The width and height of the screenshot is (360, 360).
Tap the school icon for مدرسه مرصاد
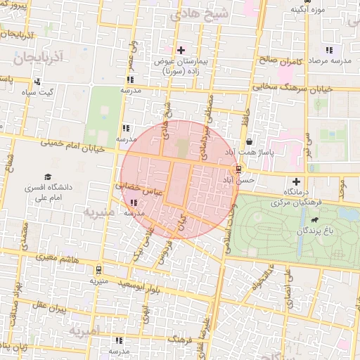328,50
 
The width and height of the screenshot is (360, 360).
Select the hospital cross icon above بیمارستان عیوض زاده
181,50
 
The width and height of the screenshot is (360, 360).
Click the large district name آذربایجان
38,54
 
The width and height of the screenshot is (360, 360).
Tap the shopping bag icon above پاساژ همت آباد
250,141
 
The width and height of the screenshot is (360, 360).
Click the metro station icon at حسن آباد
239,169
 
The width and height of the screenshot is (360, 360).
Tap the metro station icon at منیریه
98,269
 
